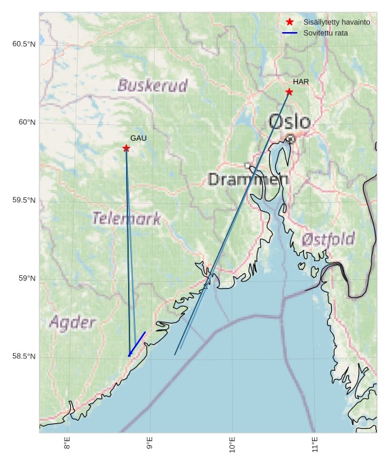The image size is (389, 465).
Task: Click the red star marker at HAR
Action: point(289,91)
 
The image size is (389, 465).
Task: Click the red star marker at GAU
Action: point(126,148)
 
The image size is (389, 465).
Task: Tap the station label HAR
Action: point(300,82)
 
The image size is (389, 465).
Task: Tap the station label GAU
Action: point(138,138)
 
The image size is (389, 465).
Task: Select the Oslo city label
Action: point(290,122)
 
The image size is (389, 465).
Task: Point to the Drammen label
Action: point(248,180)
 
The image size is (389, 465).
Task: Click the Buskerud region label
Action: point(153,85)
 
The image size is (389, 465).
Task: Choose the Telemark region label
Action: point(127,219)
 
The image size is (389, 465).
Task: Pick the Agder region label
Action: point(72,322)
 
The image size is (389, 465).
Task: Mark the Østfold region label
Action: point(328,240)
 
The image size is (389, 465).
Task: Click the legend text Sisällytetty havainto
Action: point(337,23)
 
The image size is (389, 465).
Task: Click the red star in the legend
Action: point(290,22)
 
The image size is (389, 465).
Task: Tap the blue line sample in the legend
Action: point(290,33)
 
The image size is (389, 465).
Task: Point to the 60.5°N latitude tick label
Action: point(24,44)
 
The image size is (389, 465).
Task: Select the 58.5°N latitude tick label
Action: point(24,356)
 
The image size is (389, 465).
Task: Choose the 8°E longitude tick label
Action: point(67,447)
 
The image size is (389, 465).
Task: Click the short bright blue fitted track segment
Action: point(137,344)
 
